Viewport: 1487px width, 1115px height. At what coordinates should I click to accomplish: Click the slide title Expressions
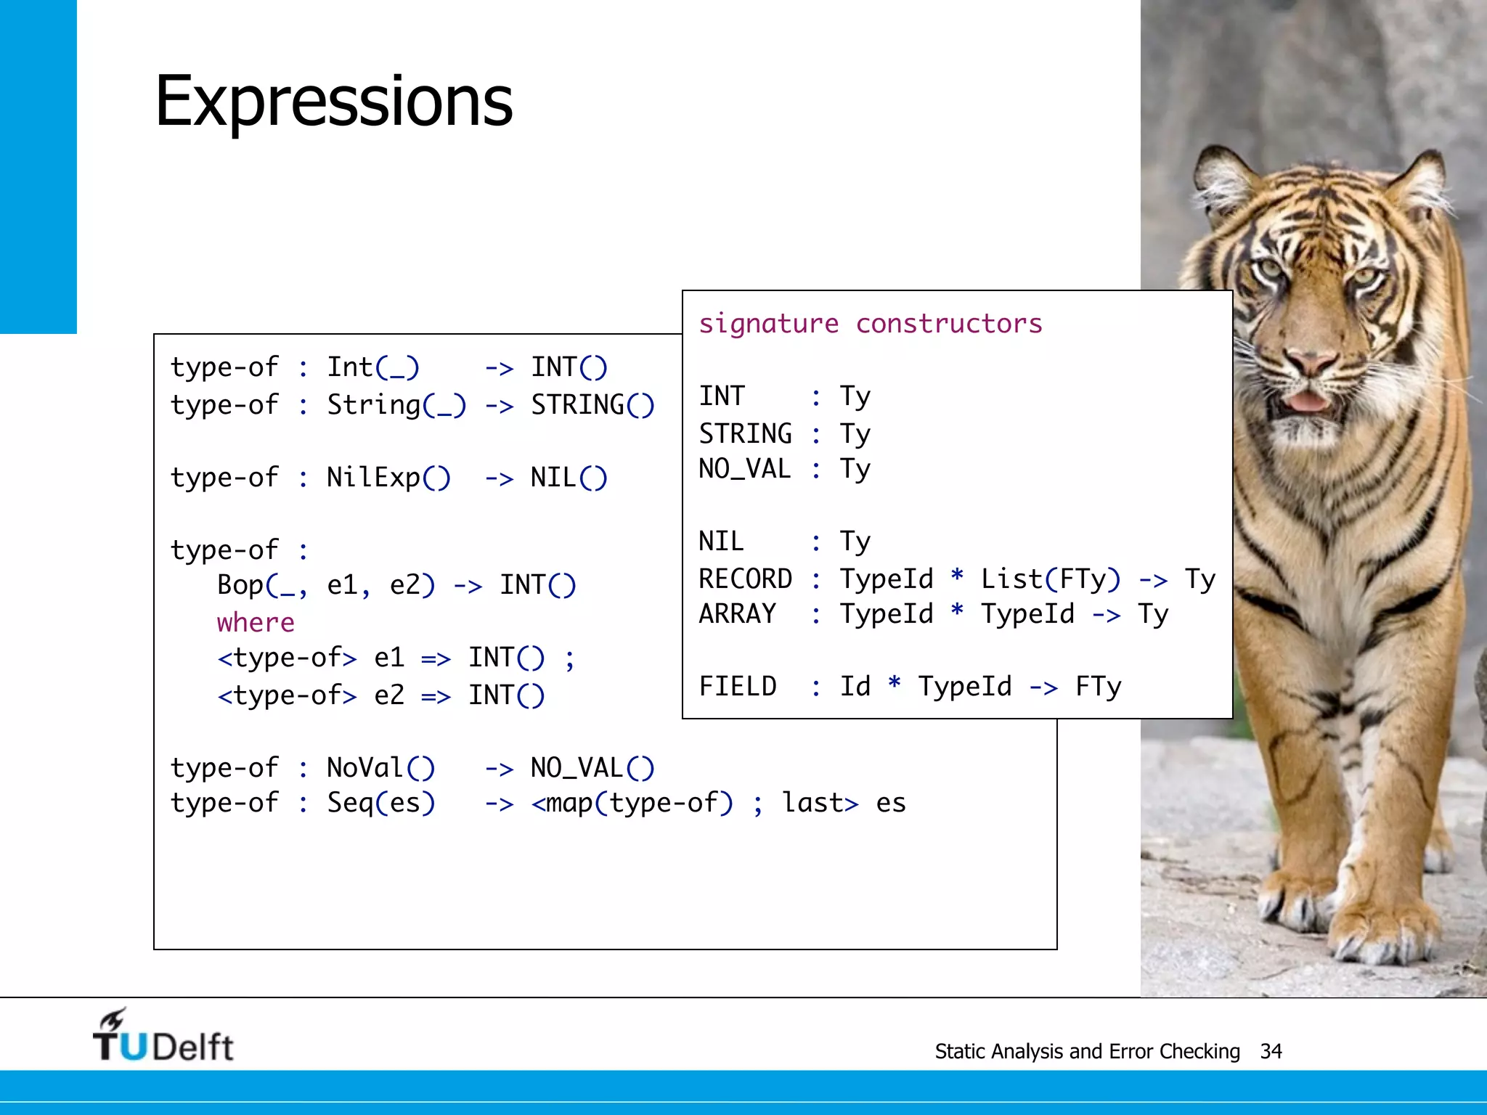click(x=333, y=102)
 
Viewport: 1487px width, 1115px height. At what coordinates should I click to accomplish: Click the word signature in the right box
click(x=768, y=324)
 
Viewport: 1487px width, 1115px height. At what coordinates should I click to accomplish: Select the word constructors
click(x=949, y=324)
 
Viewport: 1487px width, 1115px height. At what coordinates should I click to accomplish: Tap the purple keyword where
click(x=256, y=623)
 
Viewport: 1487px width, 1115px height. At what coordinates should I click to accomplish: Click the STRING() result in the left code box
click(x=592, y=405)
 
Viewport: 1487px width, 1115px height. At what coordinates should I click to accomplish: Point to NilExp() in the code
click(x=388, y=478)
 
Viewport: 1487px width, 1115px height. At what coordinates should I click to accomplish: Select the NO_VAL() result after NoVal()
click(x=592, y=768)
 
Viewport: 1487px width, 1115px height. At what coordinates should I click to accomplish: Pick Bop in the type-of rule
click(x=240, y=585)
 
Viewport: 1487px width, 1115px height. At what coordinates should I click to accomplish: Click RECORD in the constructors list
click(x=745, y=579)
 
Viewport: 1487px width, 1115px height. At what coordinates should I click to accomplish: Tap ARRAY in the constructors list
click(x=737, y=614)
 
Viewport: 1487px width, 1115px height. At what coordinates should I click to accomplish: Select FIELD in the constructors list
click(x=737, y=687)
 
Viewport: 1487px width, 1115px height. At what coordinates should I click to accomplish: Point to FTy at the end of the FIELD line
click(x=1098, y=687)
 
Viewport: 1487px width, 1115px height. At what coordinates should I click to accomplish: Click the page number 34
click(x=1271, y=1051)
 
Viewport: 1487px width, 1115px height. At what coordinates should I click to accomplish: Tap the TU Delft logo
click(x=163, y=1037)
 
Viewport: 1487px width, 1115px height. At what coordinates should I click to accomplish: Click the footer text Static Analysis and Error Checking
click(x=1087, y=1051)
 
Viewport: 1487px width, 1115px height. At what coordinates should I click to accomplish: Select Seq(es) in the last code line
click(x=380, y=803)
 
